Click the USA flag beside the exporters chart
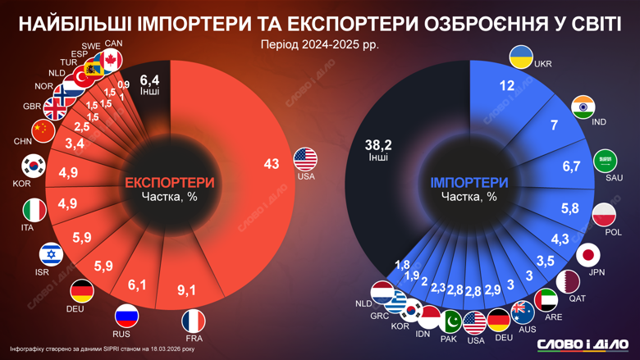click(305, 158)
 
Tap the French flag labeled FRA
click(194, 320)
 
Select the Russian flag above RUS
click(126, 316)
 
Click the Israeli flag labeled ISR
click(51, 254)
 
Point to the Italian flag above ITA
click(34, 209)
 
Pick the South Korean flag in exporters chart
click(33, 165)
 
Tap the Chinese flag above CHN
click(43, 130)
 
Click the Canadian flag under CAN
click(111, 59)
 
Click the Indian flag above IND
click(583, 107)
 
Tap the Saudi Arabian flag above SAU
click(605, 159)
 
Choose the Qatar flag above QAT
click(568, 280)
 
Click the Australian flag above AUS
click(522, 312)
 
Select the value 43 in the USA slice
click(272, 164)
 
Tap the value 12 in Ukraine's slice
click(506, 85)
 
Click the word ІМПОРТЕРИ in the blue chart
click(469, 182)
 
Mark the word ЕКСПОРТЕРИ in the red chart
click(170, 182)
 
